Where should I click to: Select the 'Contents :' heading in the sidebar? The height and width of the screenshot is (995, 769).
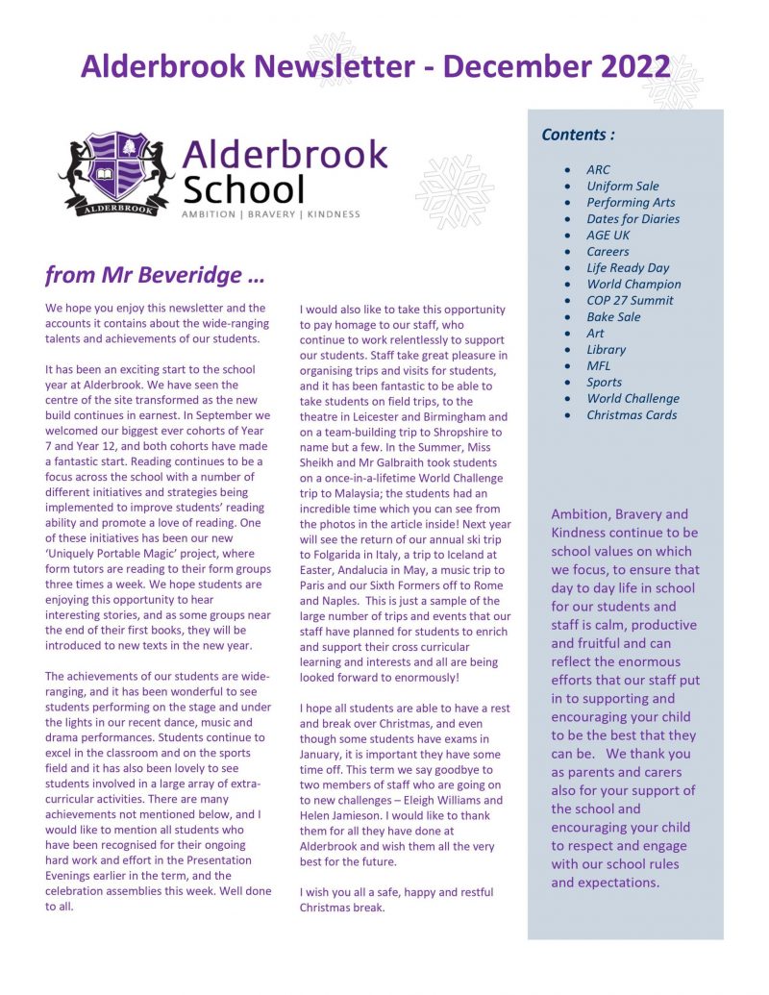(x=578, y=135)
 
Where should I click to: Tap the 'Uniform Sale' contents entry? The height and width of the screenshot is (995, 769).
(x=623, y=186)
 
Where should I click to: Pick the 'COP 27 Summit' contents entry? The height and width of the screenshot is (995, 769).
(x=630, y=300)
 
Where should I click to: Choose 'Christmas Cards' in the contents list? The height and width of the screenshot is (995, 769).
(x=632, y=414)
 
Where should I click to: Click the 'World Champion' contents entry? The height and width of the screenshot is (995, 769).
(x=633, y=284)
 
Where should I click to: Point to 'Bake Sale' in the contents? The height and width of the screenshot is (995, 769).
(x=613, y=316)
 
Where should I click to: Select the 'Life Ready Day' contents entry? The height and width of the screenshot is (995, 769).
(x=628, y=267)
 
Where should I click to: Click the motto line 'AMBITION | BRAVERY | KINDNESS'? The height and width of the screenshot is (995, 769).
(x=271, y=213)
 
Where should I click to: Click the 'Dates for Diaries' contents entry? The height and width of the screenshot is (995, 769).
(x=633, y=218)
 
